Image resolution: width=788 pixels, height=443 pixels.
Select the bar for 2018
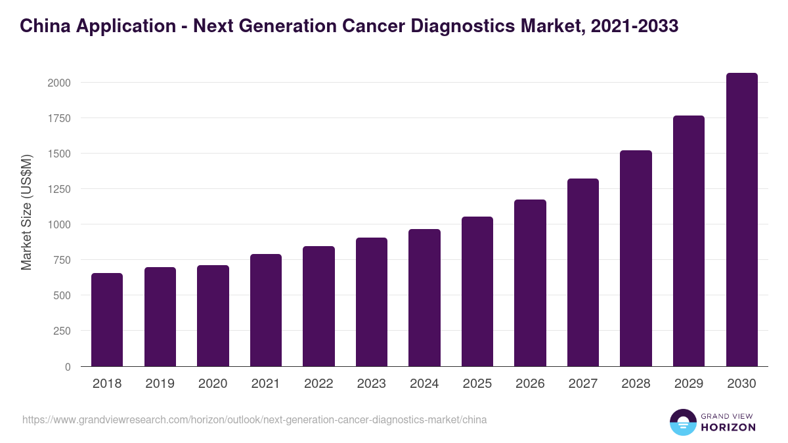coord(107,320)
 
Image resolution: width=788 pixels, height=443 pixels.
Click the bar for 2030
coord(741,220)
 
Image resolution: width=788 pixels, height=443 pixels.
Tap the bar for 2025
coord(477,291)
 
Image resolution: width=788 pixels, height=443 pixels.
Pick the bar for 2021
coord(266,310)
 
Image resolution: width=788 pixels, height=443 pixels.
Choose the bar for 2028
coord(636,259)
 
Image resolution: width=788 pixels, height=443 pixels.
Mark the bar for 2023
coord(372,302)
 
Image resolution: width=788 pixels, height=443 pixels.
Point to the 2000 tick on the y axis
coord(58,83)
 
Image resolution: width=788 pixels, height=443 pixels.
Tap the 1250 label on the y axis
coord(58,189)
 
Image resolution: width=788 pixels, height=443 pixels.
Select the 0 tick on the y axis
coord(68,367)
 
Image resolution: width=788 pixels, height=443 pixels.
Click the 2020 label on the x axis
coord(213,384)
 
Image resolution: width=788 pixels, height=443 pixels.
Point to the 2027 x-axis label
coord(583,384)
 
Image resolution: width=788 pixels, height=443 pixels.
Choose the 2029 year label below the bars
coord(689,384)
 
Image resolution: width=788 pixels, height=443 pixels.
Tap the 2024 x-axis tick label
coord(424,384)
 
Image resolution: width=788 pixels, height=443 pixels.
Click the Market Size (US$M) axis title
coord(26,213)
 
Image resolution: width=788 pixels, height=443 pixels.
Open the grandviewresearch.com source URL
coord(255,419)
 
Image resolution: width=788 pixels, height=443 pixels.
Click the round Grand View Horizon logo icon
coord(683,422)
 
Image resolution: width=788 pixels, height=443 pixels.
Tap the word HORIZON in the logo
coord(728,427)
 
